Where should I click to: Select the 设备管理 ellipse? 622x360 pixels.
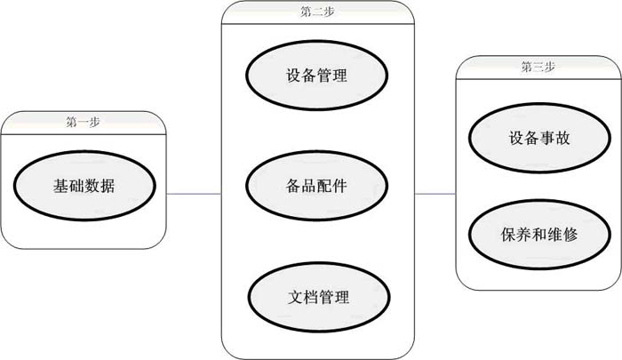[316, 76]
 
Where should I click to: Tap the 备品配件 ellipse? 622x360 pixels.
[316, 187]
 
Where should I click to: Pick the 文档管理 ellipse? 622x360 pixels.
[316, 297]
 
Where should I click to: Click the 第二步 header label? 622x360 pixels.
[317, 12]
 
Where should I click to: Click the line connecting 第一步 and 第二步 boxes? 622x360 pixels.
[194, 193]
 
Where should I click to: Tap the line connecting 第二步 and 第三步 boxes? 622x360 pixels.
[435, 193]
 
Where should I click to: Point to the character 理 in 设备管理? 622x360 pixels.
[339, 76]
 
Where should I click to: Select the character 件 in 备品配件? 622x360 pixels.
[339, 187]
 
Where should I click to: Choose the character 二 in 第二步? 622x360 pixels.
[317, 12]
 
